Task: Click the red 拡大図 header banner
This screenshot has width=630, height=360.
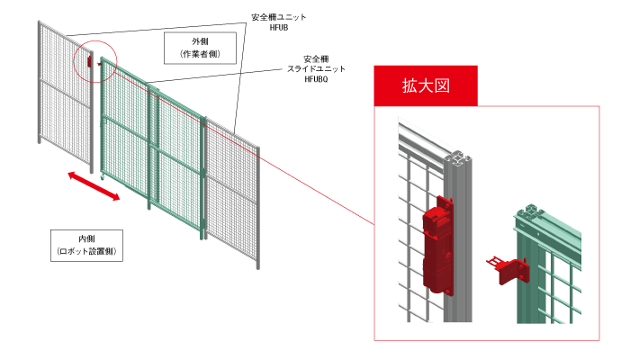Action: click(x=425, y=86)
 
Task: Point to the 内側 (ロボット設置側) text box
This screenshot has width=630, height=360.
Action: click(x=87, y=244)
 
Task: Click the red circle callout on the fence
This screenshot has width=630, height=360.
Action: click(x=94, y=60)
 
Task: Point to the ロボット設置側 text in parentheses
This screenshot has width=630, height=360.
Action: click(x=87, y=251)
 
